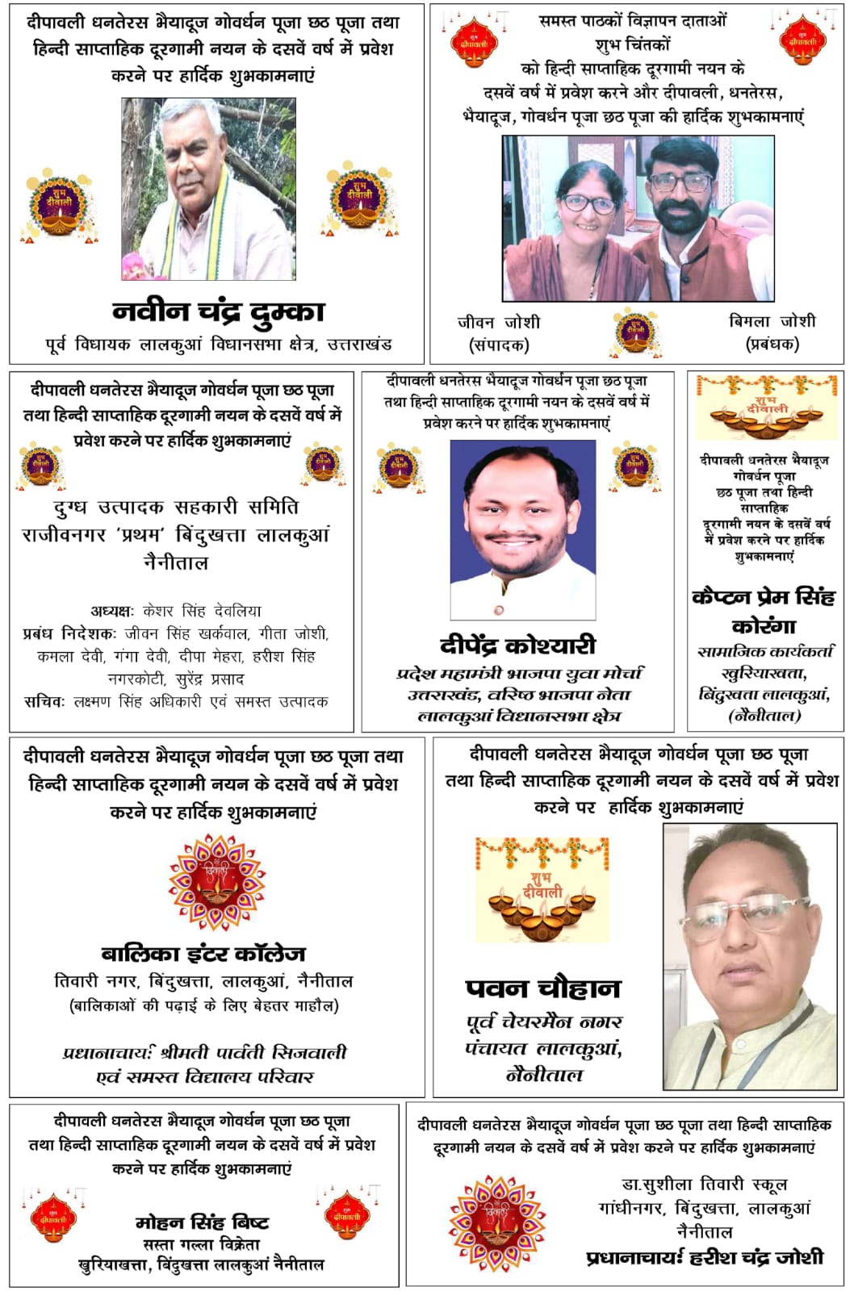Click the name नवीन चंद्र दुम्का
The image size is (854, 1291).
click(x=218, y=311)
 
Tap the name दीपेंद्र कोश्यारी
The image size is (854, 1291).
click(x=517, y=645)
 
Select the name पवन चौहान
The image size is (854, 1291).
click(x=543, y=988)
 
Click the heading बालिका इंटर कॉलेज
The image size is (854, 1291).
click(x=203, y=954)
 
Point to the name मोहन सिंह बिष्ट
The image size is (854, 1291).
click(x=202, y=1222)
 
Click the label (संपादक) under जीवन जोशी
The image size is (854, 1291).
click(x=499, y=345)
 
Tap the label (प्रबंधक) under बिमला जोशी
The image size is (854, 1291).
click(x=772, y=344)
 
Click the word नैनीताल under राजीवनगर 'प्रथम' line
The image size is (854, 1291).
click(x=176, y=562)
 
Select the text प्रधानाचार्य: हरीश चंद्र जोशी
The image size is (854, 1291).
click(x=705, y=1257)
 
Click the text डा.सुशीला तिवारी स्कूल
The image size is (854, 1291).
click(x=705, y=1184)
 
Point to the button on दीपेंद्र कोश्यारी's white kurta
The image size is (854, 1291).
click(x=499, y=609)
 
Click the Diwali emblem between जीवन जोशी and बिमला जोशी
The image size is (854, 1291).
click(x=635, y=332)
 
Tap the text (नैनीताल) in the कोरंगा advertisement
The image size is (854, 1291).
click(x=764, y=715)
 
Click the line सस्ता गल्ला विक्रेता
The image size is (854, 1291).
click(x=202, y=1244)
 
